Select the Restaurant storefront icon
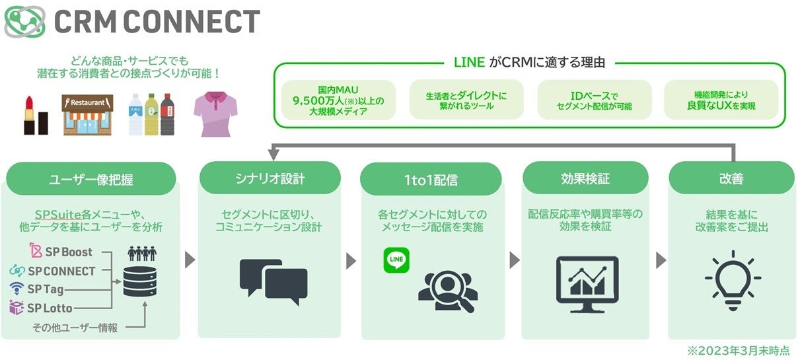[x=88, y=114]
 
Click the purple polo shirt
[x=215, y=114]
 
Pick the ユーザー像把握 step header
[x=91, y=179]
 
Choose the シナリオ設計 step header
[x=270, y=178]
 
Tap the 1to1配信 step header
[x=431, y=178]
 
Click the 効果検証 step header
[x=585, y=178]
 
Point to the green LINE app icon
[x=397, y=260]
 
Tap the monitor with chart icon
[x=587, y=279]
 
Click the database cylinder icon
[x=139, y=281]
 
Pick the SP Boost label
[x=61, y=252]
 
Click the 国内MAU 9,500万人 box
[x=338, y=100]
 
